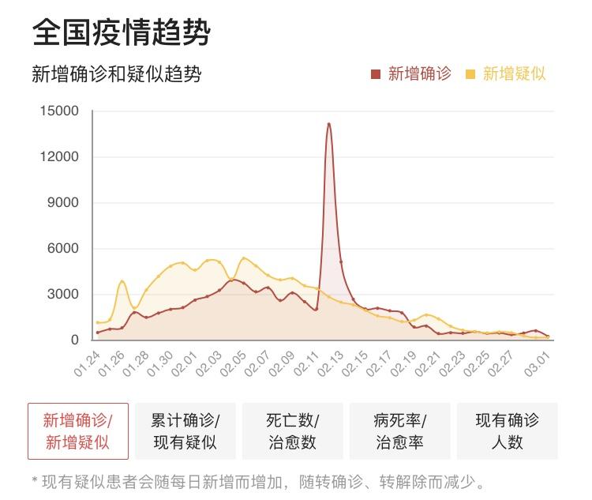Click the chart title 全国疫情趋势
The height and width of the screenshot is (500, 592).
[x=122, y=34]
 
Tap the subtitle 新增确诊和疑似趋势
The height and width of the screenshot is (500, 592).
[x=116, y=74]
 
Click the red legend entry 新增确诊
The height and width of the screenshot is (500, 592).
[x=411, y=74]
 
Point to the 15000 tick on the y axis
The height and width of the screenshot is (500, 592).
[x=59, y=111]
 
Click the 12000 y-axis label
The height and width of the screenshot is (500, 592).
[x=59, y=157]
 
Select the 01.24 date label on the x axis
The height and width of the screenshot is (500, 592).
[x=88, y=365]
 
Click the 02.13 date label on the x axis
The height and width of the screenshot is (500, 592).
[x=330, y=365]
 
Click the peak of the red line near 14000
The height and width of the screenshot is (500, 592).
[x=328, y=123]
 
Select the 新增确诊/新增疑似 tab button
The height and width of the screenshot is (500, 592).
[x=77, y=430]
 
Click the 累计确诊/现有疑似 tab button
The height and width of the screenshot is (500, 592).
[x=185, y=430]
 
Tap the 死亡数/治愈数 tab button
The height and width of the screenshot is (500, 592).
[x=292, y=430]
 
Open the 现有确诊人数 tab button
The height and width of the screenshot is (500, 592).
[x=507, y=430]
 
